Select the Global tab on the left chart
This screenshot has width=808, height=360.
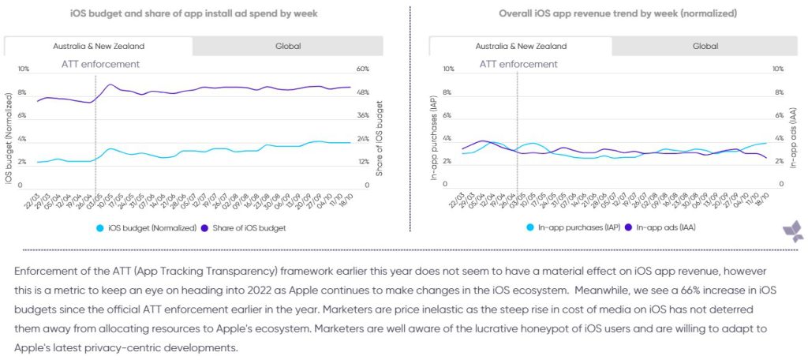point(288,46)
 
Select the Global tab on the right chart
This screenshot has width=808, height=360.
point(705,46)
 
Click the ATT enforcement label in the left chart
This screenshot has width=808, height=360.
point(100,64)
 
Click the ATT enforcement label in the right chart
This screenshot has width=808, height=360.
point(518,64)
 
